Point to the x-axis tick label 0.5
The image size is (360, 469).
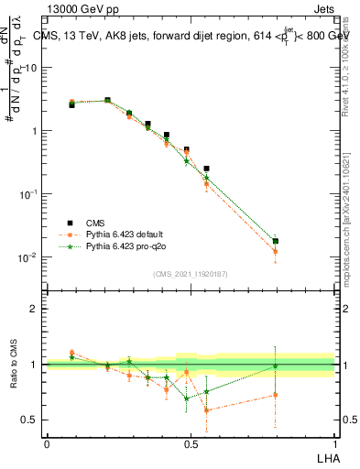pyautogui.click(x=191, y=442)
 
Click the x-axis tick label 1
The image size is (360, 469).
pyautogui.click(x=334, y=442)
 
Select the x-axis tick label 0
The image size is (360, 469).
pyautogui.click(x=47, y=442)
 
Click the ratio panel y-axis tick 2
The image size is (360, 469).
pyautogui.click(x=33, y=309)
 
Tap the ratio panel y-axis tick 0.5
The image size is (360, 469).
pyautogui.click(x=28, y=420)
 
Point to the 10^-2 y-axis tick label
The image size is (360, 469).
pyautogui.click(x=27, y=257)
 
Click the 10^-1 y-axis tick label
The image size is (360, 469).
pyautogui.click(x=27, y=194)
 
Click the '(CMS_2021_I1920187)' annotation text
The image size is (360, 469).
pyautogui.click(x=191, y=273)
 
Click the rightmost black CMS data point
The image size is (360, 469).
pyautogui.click(x=276, y=242)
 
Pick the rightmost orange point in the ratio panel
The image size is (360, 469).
pyautogui.click(x=276, y=395)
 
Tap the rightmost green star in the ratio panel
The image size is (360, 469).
pyautogui.click(x=276, y=365)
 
